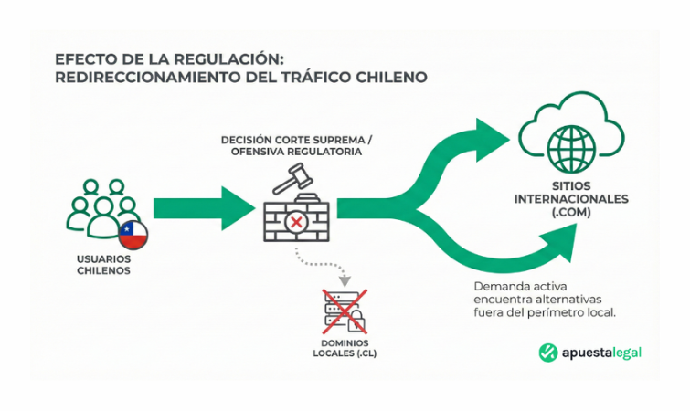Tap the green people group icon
point(101,210)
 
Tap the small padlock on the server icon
point(359,321)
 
